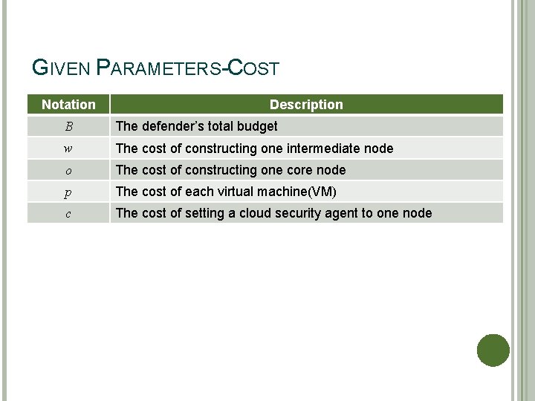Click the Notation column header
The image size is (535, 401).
pyautogui.click(x=68, y=105)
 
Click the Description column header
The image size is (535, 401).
pyautogui.click(x=306, y=105)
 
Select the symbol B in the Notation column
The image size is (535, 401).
pyautogui.click(x=68, y=126)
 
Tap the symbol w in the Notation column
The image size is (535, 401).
pyautogui.click(x=68, y=148)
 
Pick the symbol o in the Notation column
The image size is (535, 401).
pyautogui.click(x=68, y=170)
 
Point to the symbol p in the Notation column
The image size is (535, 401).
pyautogui.click(x=68, y=192)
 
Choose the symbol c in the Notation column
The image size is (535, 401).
pyautogui.click(x=68, y=214)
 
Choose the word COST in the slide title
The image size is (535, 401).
pyautogui.click(x=253, y=68)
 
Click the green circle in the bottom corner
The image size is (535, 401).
pyautogui.click(x=493, y=351)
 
